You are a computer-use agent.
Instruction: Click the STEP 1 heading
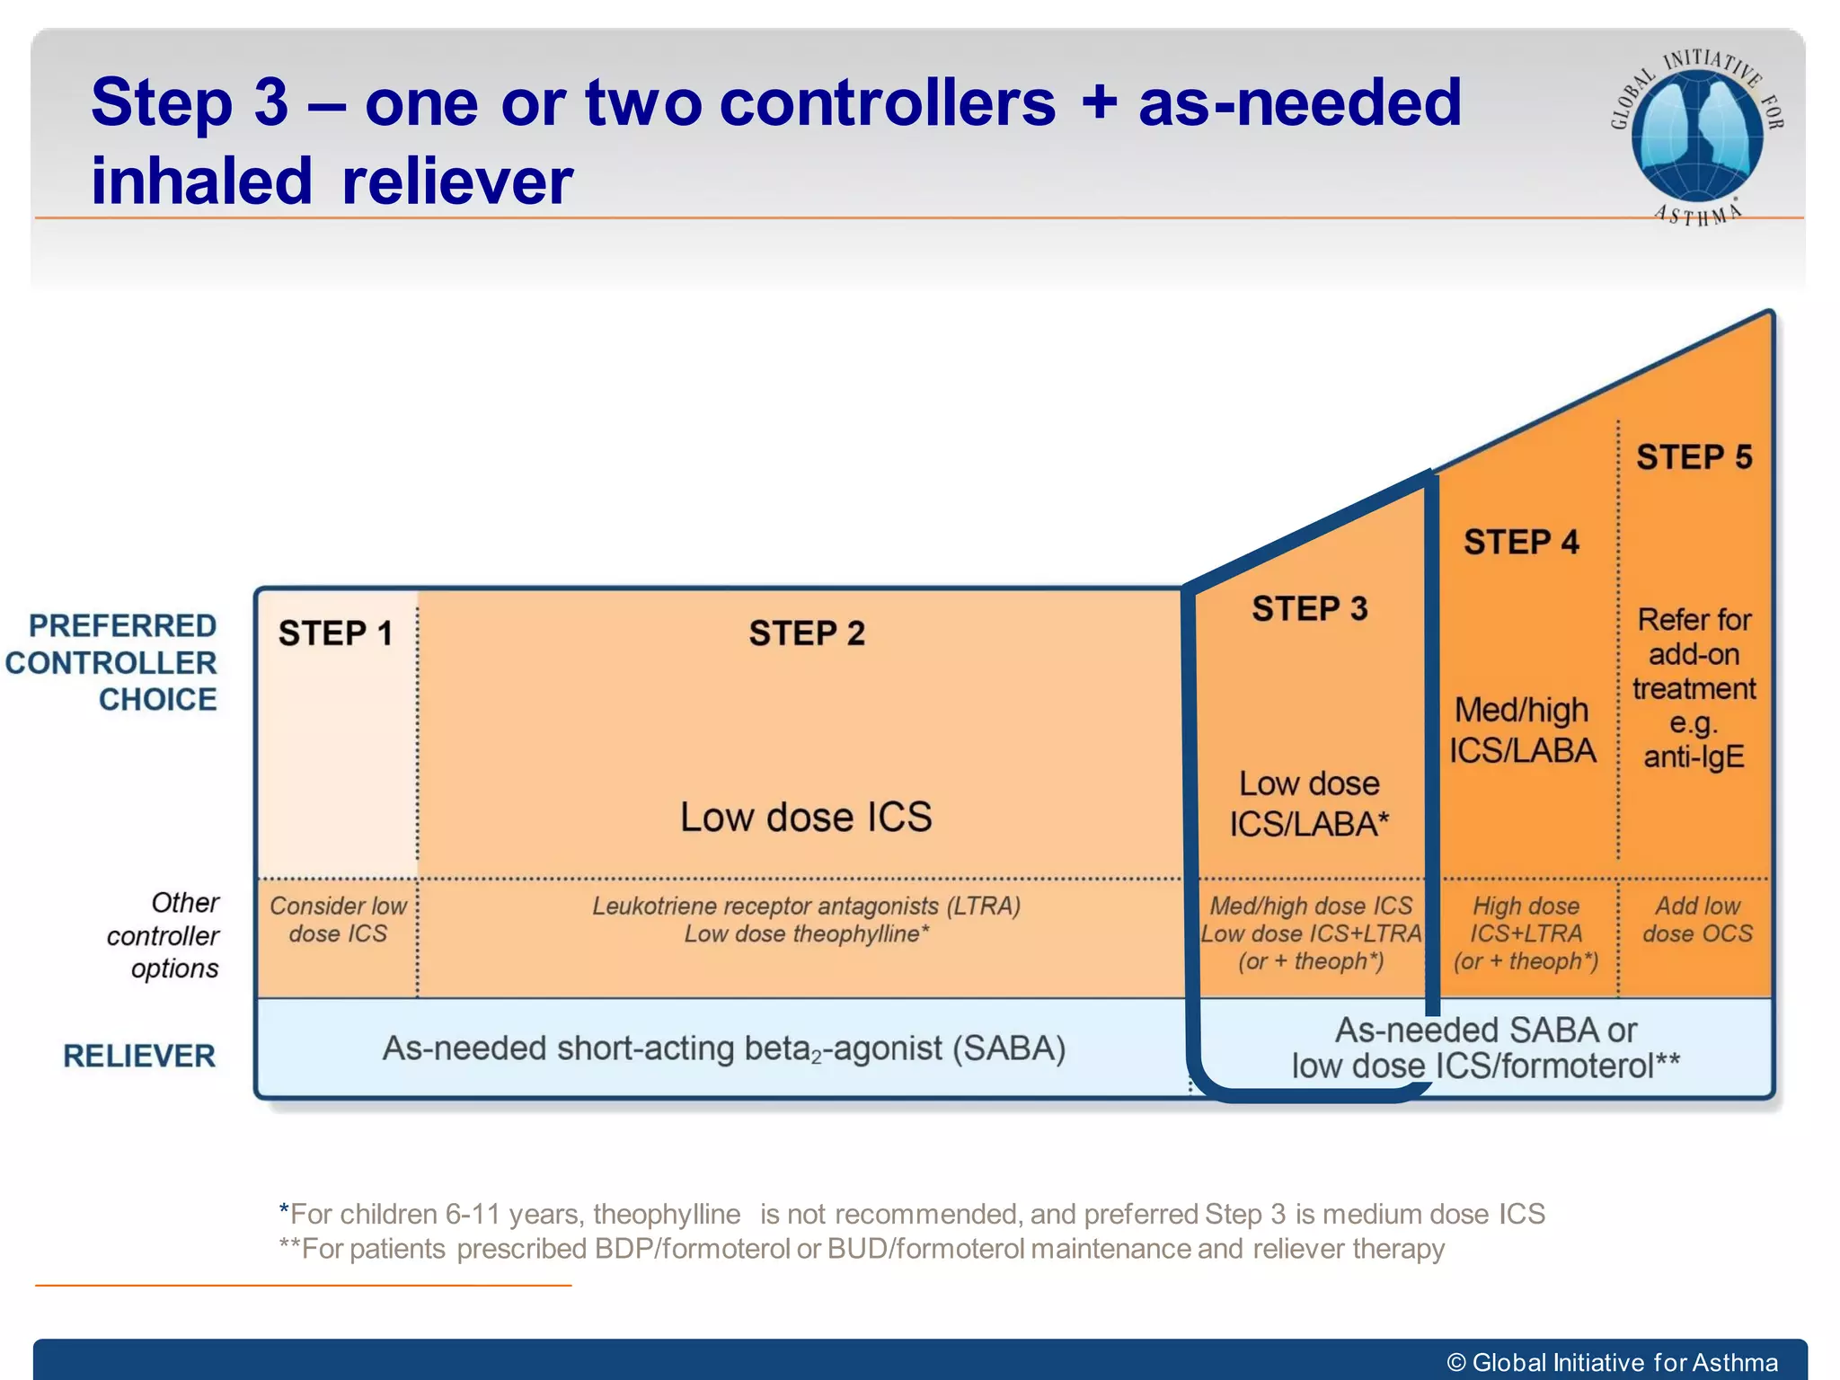(335, 633)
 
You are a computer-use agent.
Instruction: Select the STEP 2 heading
(807, 633)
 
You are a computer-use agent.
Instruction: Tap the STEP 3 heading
(1310, 609)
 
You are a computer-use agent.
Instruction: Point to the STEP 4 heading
(1521, 543)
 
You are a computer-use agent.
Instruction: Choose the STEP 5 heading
(1694, 457)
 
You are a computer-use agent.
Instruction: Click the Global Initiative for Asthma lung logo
(1696, 135)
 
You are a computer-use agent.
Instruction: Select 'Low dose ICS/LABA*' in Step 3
(1309, 804)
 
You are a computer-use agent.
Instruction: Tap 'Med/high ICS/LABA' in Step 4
(1522, 730)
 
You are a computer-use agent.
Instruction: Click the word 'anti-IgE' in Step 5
(1694, 757)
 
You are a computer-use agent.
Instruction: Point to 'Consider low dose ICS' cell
(338, 920)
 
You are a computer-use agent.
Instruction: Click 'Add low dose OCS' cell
(1697, 920)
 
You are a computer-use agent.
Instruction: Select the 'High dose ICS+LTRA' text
(1526, 920)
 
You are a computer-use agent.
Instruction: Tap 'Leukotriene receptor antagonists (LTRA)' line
(806, 906)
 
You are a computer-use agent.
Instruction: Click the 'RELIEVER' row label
(139, 1057)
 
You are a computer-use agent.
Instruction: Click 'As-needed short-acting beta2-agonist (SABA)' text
(724, 1048)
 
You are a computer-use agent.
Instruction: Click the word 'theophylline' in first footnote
(667, 1215)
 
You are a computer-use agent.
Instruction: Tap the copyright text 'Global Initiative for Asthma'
(1624, 1362)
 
